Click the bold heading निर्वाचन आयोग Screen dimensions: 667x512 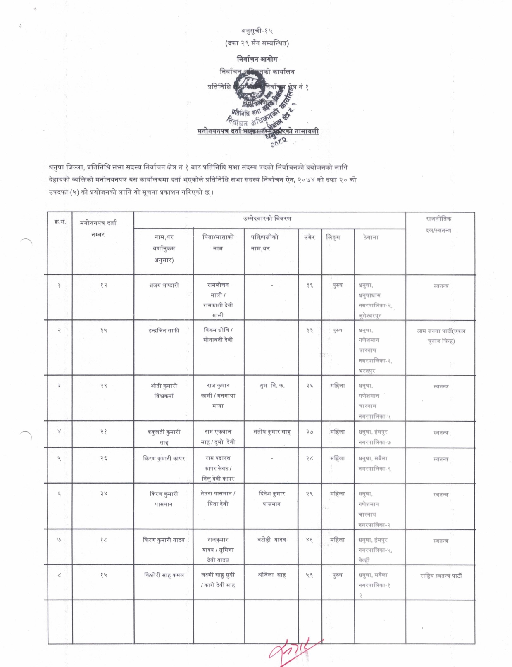(x=257, y=59)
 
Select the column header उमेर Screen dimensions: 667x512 (x=310, y=237)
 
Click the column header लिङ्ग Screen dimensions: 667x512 (x=333, y=237)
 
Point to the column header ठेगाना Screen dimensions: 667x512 (x=371, y=237)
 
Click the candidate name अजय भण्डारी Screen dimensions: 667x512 (x=164, y=285)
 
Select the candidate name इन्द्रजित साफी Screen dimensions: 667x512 (x=164, y=331)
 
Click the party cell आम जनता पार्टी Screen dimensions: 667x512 (x=441, y=336)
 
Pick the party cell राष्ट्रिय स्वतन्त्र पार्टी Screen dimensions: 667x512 (x=441, y=576)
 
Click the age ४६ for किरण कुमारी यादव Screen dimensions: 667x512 (x=309, y=540)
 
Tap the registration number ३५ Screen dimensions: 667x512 (x=103, y=331)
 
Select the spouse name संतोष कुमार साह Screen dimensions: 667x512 (x=272, y=432)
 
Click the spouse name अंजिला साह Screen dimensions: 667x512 (x=272, y=575)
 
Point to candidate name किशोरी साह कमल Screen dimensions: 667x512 (x=164, y=575)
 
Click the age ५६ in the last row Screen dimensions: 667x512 (x=309, y=575)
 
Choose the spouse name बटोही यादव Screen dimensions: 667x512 (x=272, y=540)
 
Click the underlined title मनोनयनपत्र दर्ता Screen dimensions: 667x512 (x=219, y=131)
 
